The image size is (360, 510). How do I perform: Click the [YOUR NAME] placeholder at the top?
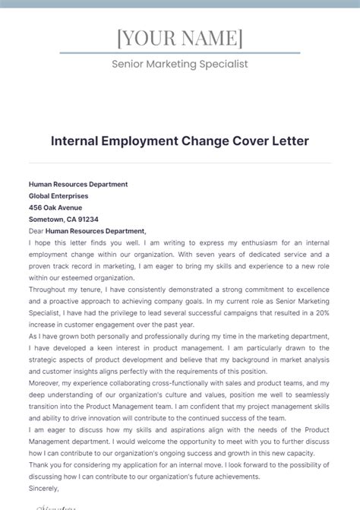point(180,38)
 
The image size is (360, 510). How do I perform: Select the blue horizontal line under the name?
point(180,53)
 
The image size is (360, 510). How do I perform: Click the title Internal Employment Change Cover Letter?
point(180,141)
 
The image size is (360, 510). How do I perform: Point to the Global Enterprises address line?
point(58,195)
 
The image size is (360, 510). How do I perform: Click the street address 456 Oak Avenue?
point(55,207)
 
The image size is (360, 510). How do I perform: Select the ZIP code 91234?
point(89,219)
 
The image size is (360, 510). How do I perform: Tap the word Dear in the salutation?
point(36,231)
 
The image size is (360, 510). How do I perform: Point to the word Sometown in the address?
point(47,219)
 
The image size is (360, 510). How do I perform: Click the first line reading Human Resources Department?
point(78,184)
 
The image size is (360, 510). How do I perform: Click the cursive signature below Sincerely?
point(53,505)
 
